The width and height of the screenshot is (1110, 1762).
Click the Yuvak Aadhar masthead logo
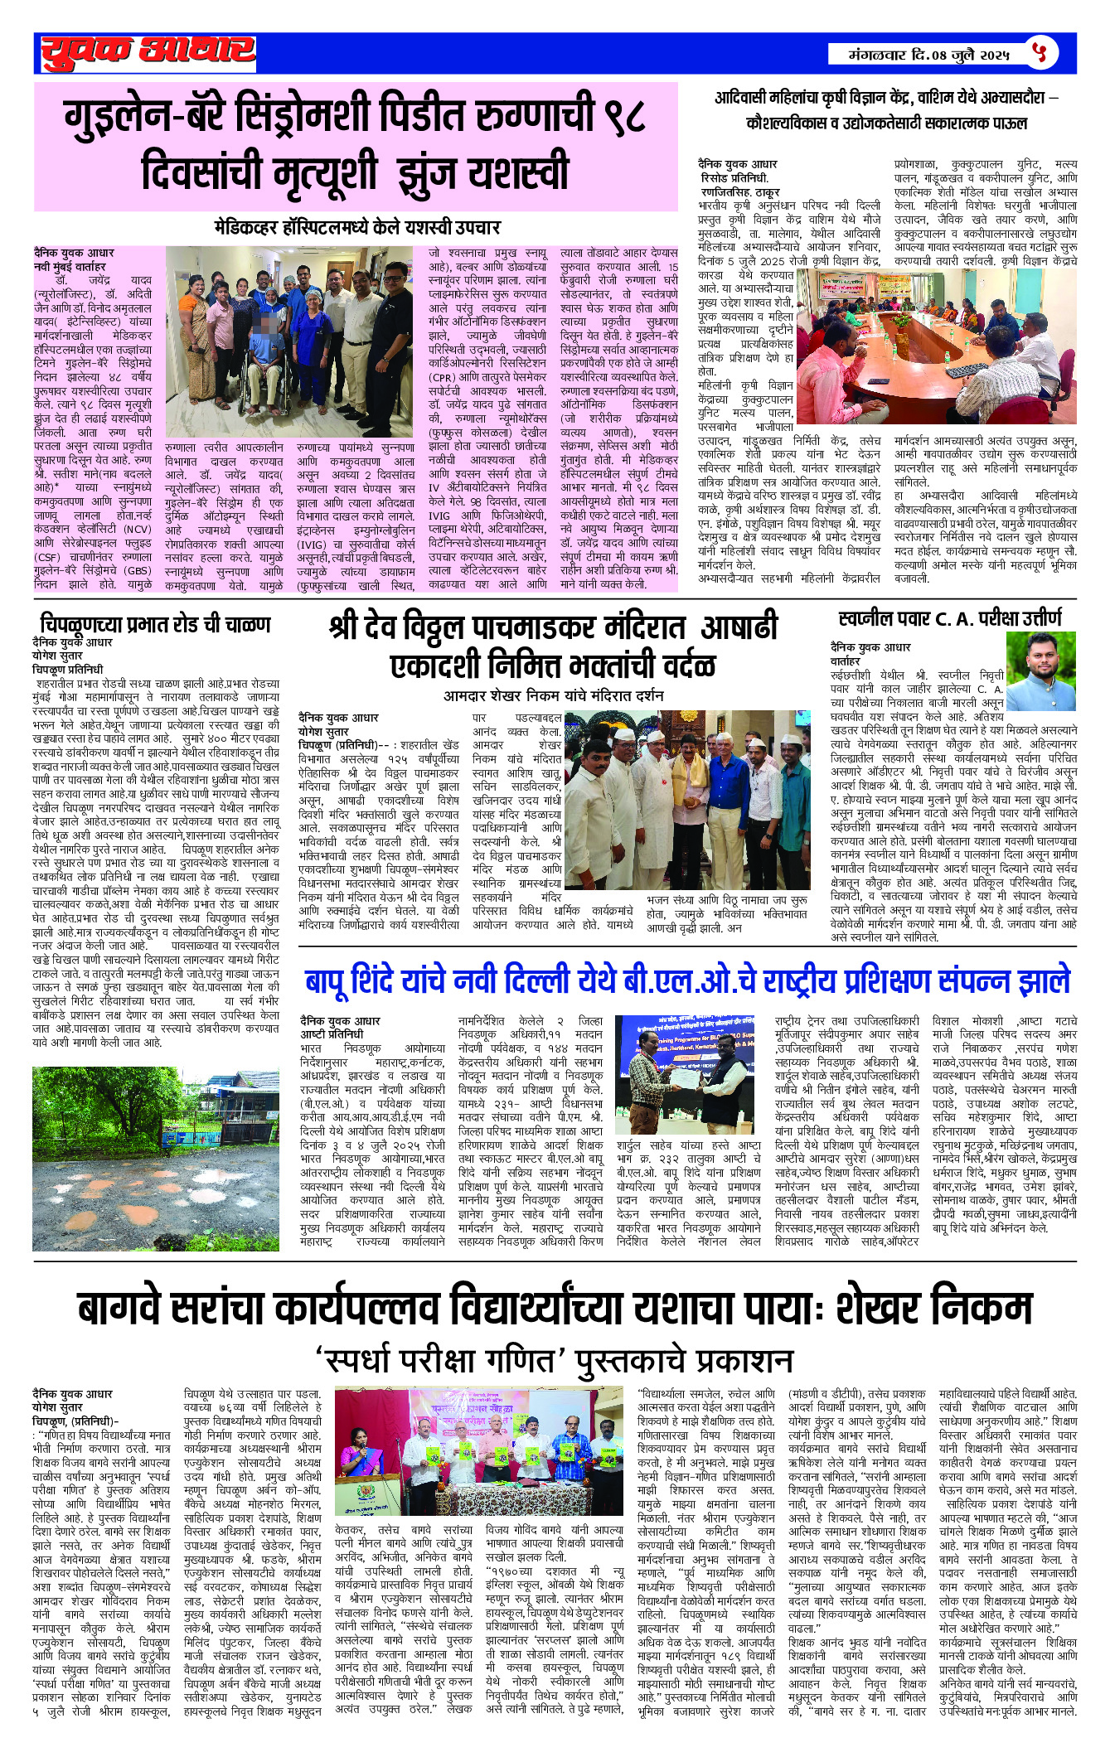point(148,53)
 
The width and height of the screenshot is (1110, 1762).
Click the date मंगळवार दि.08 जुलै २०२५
point(928,55)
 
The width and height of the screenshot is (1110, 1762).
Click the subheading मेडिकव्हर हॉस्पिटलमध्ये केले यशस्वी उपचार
point(356,226)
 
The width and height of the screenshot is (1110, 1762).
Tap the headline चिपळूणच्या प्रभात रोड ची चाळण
point(155,624)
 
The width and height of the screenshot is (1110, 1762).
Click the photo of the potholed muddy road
point(156,1158)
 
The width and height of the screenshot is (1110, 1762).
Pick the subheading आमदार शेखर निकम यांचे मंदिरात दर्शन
point(553,695)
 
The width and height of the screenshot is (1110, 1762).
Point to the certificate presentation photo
point(686,1074)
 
